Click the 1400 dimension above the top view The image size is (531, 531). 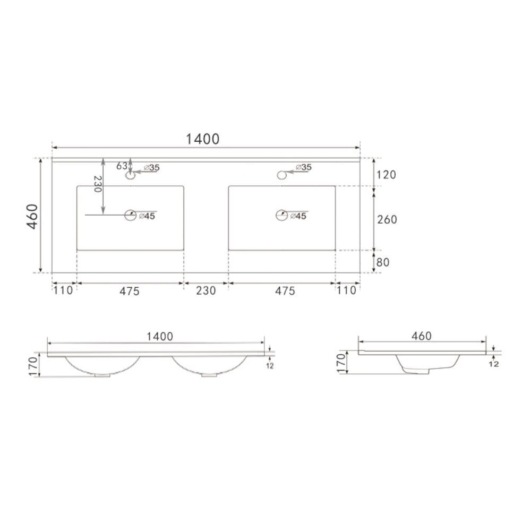click(202, 139)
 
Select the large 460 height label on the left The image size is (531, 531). click(32, 216)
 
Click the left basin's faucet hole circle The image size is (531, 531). click(130, 175)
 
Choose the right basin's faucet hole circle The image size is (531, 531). click(281, 174)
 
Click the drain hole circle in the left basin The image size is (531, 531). click(131, 215)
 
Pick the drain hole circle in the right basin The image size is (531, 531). click(281, 215)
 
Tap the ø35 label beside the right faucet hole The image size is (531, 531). click(303, 167)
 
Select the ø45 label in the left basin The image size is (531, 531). click(147, 216)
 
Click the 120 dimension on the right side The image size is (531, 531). click(387, 175)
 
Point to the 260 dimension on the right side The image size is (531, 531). click(387, 219)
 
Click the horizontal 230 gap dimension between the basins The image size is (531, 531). click(206, 290)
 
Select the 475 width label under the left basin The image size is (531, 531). click(129, 290)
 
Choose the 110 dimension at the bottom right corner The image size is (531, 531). click(348, 290)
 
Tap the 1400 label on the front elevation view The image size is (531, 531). click(160, 336)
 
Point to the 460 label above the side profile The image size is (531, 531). click(421, 336)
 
